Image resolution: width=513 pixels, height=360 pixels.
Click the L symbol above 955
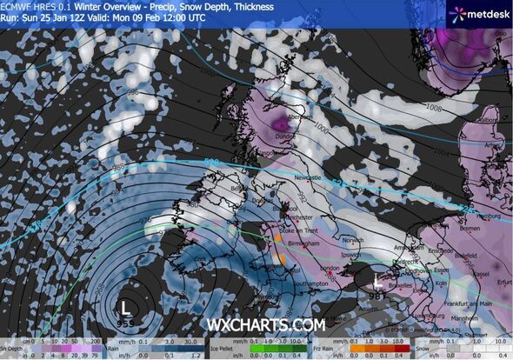(x=126, y=307)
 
